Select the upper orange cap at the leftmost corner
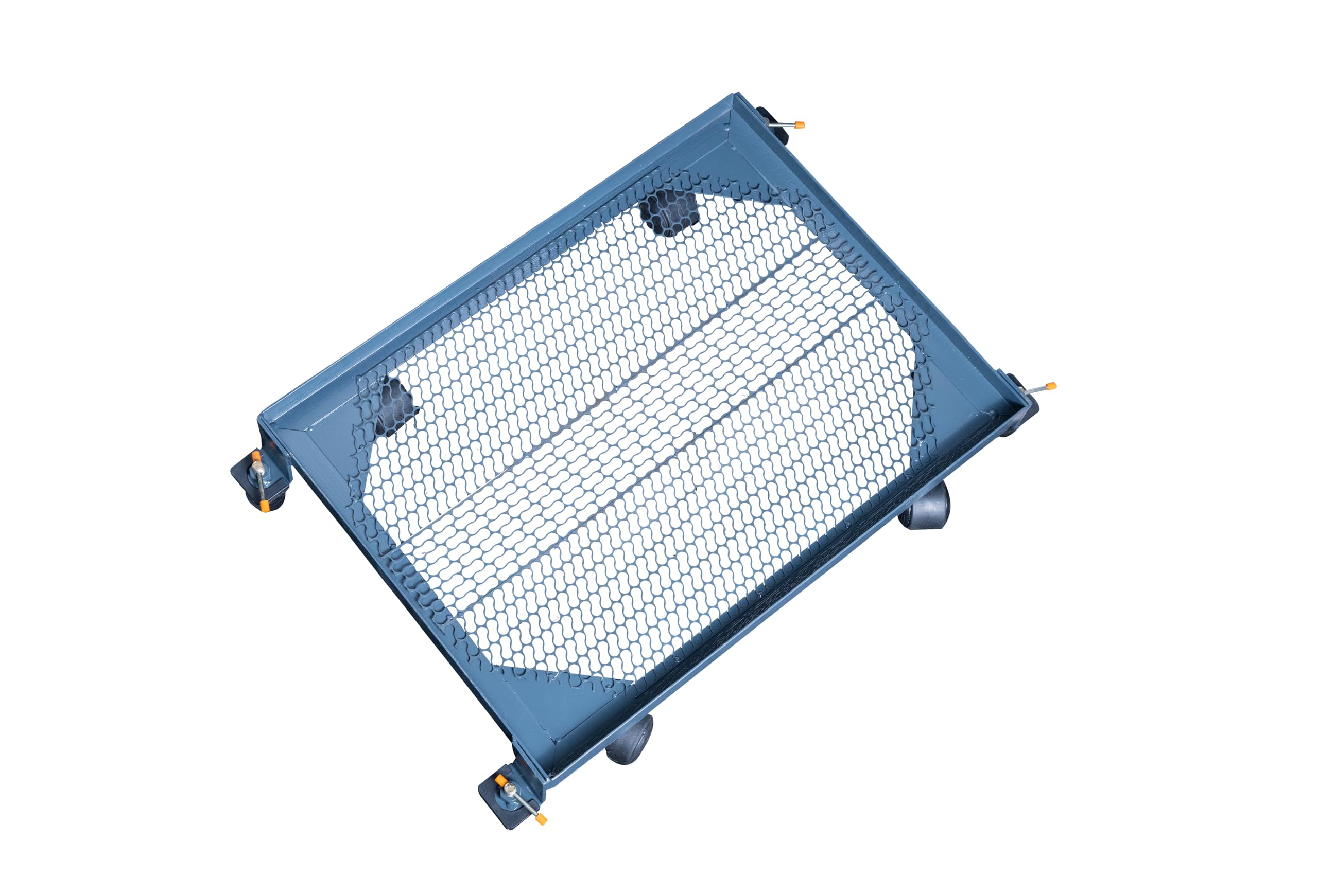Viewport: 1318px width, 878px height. click(x=255, y=456)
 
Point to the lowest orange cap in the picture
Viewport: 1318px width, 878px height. click(x=541, y=820)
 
